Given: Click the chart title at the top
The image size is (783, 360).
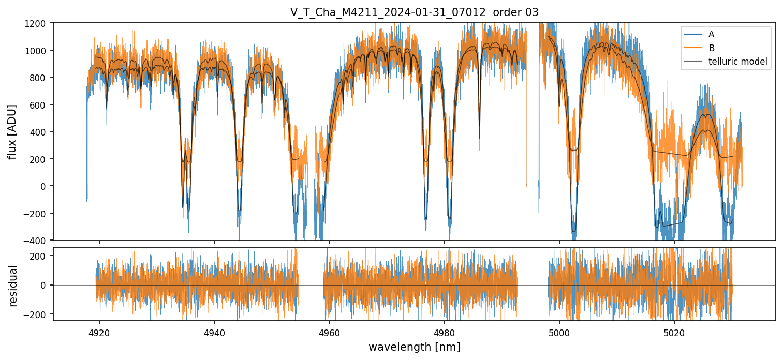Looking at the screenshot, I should coord(414,12).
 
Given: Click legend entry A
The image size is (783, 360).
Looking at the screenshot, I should coord(711,34).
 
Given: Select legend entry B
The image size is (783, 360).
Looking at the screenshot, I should coord(711,48).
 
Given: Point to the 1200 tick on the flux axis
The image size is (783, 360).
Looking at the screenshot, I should coord(40,23).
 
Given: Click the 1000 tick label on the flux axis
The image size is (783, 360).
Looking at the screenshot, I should coord(40,51).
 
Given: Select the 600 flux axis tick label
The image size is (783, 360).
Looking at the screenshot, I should coord(42,105).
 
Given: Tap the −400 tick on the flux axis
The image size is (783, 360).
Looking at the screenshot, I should coord(40,241).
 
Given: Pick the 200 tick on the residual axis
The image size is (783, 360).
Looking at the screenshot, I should coord(42,256).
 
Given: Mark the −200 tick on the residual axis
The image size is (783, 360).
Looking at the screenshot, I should coord(40,314).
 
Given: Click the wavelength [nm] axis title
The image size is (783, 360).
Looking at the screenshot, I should coord(414,347).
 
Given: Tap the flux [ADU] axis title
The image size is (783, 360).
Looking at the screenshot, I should coord(12,131).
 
